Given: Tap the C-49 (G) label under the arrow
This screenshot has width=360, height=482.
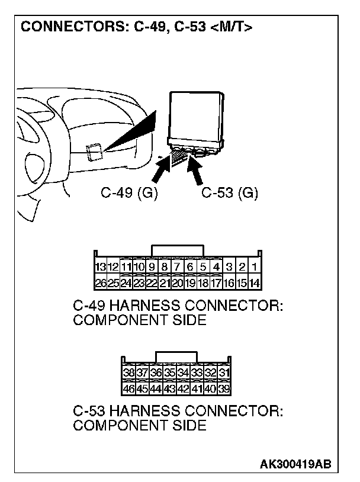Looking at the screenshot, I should point(128,193).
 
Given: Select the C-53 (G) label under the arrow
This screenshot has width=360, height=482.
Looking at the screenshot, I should point(230,193).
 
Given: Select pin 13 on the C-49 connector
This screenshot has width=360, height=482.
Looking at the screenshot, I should point(100,267).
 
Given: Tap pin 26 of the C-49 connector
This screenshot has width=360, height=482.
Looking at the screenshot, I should point(100,282).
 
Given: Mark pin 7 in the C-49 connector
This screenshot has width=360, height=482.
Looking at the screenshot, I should point(177,267).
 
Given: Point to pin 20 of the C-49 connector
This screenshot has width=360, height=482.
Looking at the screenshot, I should point(177,282).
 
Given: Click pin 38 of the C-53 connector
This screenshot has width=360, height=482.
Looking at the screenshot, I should point(128,373).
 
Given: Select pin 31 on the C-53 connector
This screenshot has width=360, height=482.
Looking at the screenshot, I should point(224,373).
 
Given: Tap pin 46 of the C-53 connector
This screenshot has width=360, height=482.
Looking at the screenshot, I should point(128,389).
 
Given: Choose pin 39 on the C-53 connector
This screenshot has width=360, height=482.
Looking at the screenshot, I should point(224,389).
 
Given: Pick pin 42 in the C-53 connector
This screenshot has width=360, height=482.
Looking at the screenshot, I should point(184,389).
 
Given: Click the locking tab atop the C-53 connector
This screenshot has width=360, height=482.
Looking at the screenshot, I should point(176,356).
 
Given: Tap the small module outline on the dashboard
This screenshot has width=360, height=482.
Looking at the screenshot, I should point(94,152).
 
